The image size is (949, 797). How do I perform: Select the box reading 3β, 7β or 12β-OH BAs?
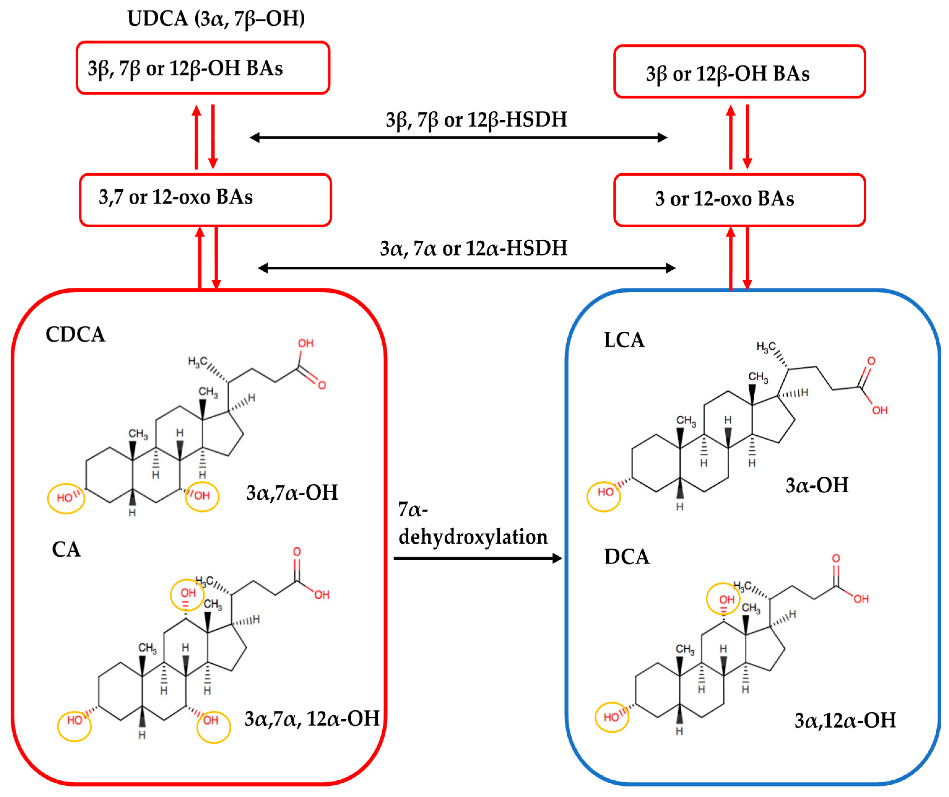coord(203,68)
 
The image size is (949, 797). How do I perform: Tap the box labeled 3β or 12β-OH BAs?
coord(739,72)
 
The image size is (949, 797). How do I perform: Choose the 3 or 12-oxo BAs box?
coord(739,200)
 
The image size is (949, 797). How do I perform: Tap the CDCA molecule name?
coord(76,335)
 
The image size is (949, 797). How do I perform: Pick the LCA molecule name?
coord(624,340)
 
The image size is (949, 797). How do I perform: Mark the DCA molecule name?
coord(627,557)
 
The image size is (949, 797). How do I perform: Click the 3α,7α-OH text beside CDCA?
coord(292,493)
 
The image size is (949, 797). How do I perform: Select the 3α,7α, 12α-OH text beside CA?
coord(312,719)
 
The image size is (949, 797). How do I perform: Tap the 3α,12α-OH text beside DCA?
coord(845,721)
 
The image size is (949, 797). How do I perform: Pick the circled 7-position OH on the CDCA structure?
coord(202,496)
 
